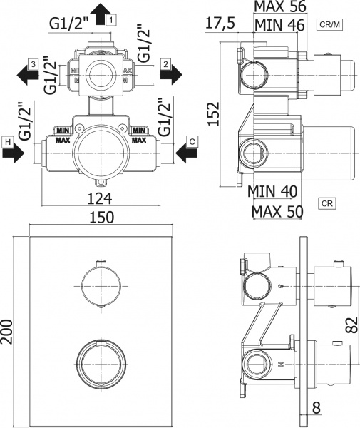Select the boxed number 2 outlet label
point(165,63)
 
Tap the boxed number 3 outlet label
point(33,63)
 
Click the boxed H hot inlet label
point(7,143)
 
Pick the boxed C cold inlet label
point(192,143)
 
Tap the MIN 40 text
point(274,193)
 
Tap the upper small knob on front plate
point(101,285)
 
